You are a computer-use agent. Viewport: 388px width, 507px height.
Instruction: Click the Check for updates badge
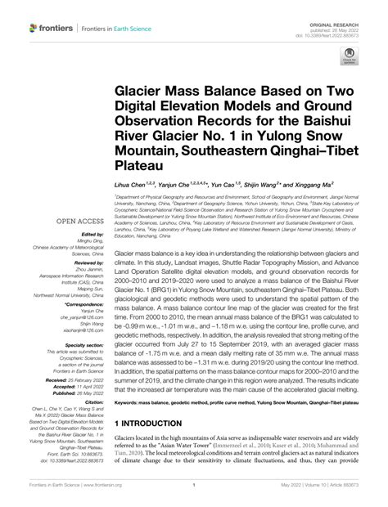coord(349,56)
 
